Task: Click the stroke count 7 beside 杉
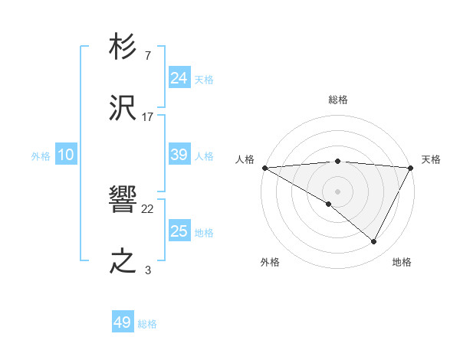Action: pos(147,56)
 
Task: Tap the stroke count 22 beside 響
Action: pos(148,209)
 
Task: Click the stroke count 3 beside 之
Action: pos(147,270)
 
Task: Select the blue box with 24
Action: pos(179,78)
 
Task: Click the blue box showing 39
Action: pos(179,155)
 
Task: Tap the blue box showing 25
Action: pos(179,231)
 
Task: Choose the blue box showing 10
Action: pos(66,155)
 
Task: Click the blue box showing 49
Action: pos(122,322)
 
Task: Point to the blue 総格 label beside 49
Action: pos(147,324)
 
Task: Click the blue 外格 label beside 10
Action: pos(41,156)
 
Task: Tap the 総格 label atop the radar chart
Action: pos(338,100)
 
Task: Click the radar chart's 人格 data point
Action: pos(264,167)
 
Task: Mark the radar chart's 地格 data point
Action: pos(374,241)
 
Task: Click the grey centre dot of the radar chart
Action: pos(337,191)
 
